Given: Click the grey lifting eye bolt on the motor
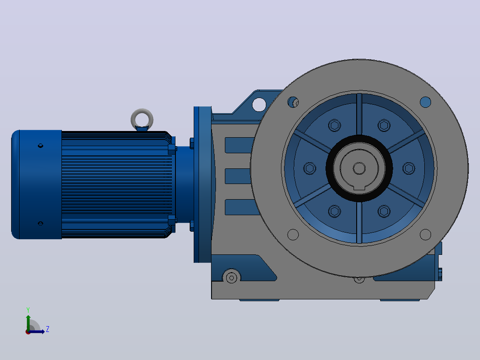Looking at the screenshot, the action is click(142, 113).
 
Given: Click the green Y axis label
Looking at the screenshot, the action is click(28, 310).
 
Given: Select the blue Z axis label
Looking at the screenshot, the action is click(48, 329).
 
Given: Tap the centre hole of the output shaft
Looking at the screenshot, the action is click(359, 168).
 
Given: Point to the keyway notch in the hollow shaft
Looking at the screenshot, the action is click(359, 188).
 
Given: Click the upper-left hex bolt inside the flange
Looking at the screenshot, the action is click(334, 125).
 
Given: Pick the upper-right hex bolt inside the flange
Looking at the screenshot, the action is click(384, 125).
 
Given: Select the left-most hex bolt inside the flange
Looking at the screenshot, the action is click(310, 168).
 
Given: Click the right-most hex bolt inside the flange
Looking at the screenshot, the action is click(409, 168).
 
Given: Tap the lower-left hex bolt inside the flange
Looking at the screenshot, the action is click(334, 211).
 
